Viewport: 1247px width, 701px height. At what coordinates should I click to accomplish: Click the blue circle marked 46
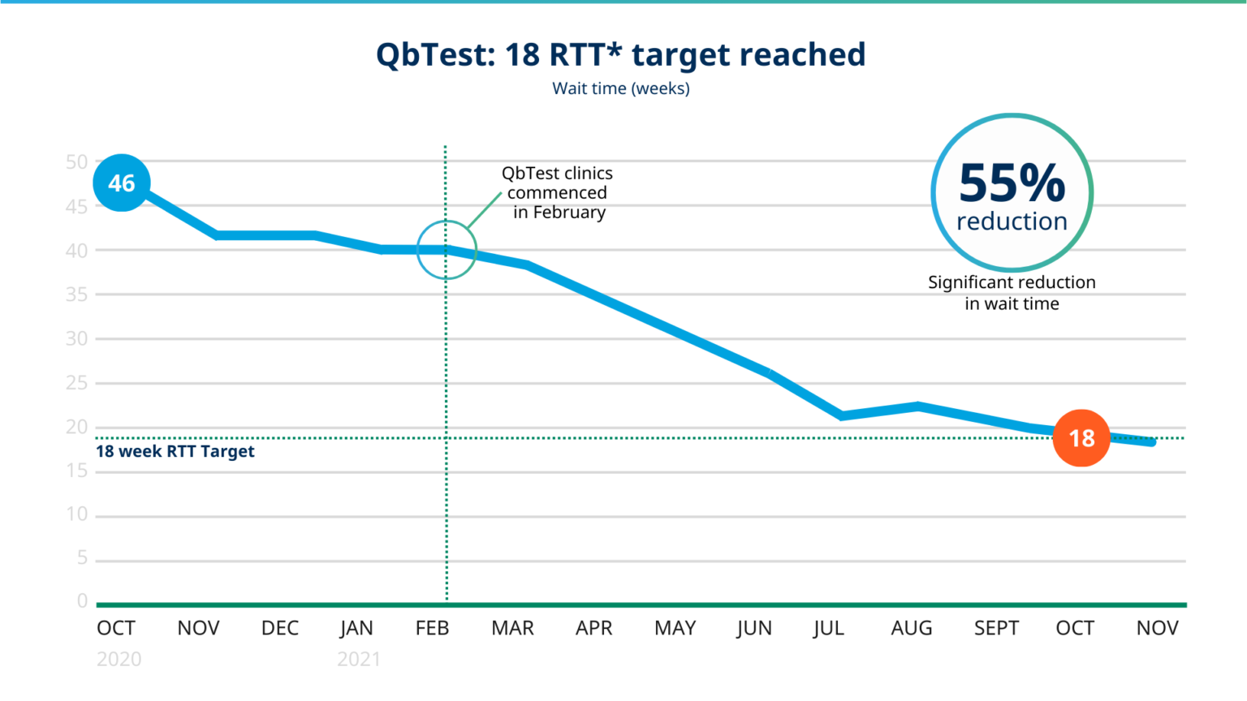tap(122, 183)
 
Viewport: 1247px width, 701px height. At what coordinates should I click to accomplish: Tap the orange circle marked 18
tap(1081, 438)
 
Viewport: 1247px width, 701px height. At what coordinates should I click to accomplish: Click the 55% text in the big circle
tap(1012, 183)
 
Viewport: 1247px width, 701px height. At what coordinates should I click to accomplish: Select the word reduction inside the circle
tap(1012, 221)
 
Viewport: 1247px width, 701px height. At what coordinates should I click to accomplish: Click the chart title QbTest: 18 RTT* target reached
tap(621, 55)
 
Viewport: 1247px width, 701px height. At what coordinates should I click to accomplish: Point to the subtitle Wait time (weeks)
tap(621, 88)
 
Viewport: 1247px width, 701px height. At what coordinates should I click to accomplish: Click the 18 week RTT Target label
tap(175, 452)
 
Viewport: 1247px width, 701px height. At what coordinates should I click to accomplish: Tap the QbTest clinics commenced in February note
tap(558, 193)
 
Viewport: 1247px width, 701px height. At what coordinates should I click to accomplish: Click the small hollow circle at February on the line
tap(447, 250)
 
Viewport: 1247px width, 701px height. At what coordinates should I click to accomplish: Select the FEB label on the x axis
tap(432, 628)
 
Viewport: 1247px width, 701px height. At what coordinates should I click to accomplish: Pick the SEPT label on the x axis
tap(996, 628)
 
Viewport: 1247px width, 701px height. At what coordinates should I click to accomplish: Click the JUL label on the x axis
tap(828, 628)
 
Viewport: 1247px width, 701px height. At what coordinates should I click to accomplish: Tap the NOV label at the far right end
tap(1157, 628)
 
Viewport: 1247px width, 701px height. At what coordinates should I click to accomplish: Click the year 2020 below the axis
tap(119, 659)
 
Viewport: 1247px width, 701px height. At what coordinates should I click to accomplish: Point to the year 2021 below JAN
tap(358, 659)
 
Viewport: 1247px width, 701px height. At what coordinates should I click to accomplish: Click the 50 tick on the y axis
tap(76, 162)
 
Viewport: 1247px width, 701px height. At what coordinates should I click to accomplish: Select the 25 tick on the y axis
tap(76, 383)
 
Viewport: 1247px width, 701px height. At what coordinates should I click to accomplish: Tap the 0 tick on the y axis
tap(82, 601)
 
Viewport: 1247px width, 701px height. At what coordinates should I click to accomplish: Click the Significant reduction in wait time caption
tap(1012, 293)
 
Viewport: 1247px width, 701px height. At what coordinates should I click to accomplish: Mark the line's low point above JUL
tap(842, 415)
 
